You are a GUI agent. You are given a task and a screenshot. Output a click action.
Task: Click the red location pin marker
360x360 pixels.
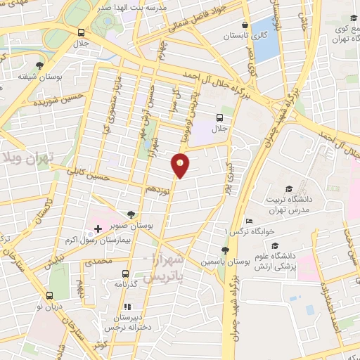pyautogui.click(x=181, y=165)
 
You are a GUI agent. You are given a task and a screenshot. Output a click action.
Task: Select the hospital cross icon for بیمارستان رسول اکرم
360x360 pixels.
pyautogui.click(x=98, y=229)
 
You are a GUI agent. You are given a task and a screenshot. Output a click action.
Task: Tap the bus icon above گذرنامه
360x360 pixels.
pyautogui.click(x=125, y=274)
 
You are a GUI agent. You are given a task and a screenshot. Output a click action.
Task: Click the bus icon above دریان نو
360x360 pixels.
pyautogui.click(x=49, y=296)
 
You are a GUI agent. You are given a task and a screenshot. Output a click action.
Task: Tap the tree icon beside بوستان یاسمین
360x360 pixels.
pyautogui.click(x=225, y=251)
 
